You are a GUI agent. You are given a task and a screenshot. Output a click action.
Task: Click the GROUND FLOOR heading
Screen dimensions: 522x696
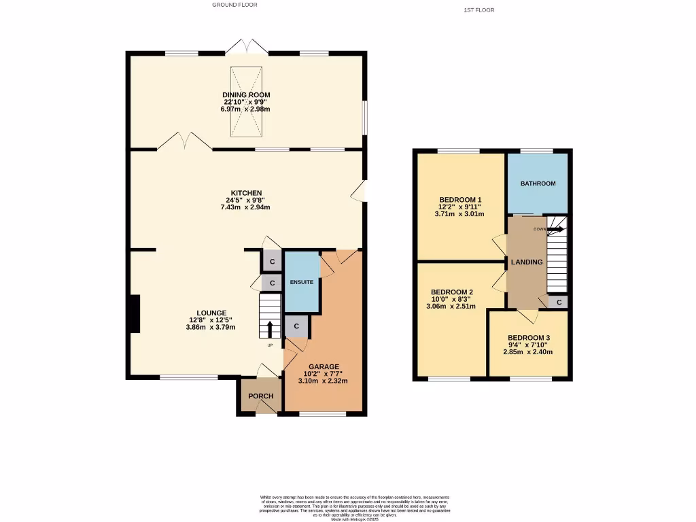(x=234, y=5)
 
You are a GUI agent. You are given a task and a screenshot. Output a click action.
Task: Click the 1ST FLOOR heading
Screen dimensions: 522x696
(x=478, y=10)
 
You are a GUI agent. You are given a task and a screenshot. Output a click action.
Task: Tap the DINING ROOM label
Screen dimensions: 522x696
(x=246, y=95)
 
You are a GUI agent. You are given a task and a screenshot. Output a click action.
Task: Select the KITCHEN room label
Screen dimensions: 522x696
(x=245, y=193)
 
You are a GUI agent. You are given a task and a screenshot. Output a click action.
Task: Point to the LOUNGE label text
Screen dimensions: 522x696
(x=211, y=313)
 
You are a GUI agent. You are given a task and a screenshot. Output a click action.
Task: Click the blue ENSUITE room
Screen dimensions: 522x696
(x=301, y=281)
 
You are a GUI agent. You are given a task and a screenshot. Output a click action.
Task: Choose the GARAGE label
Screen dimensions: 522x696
(x=324, y=366)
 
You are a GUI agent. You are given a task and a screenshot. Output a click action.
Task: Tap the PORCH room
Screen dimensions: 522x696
(x=260, y=396)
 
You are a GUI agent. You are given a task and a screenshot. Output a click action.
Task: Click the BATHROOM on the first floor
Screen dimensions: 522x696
(x=538, y=184)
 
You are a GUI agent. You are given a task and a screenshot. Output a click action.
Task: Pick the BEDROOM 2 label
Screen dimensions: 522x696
(x=452, y=292)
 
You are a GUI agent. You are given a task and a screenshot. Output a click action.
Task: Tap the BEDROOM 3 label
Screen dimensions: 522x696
(x=528, y=338)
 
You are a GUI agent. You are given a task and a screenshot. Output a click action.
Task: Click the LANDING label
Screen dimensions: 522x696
(x=527, y=262)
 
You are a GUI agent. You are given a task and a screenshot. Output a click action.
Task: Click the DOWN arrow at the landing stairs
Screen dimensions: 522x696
(x=555, y=230)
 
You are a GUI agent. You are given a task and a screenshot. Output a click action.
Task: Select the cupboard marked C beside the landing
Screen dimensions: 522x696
(x=559, y=302)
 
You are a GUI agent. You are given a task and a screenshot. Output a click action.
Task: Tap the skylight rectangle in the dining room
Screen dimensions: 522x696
(x=245, y=99)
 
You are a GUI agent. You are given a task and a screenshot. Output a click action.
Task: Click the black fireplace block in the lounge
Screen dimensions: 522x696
(x=135, y=313)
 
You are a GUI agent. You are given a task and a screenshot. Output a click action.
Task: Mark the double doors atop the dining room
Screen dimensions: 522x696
(x=246, y=47)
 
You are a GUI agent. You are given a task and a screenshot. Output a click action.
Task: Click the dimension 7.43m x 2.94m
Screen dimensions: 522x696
(x=245, y=207)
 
